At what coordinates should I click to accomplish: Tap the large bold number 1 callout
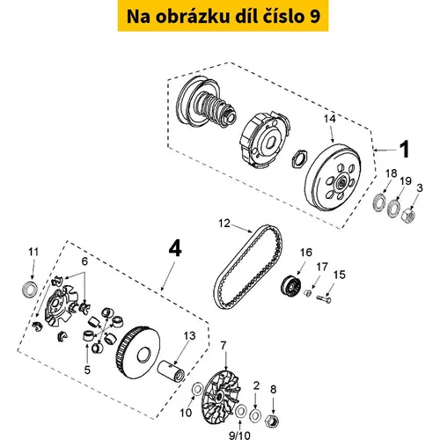pyautogui.click(x=405, y=150)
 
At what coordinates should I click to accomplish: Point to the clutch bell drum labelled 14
pyautogui.click(x=333, y=177)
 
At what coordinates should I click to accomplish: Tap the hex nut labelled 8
pyautogui.click(x=272, y=422)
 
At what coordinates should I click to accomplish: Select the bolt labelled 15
pyautogui.click(x=324, y=299)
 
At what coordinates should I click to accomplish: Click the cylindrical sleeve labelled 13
pyautogui.click(x=172, y=371)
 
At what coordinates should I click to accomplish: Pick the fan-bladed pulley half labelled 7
pyautogui.click(x=222, y=396)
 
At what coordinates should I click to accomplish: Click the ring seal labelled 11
pyautogui.click(x=30, y=289)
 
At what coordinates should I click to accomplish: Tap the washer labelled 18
pyautogui.click(x=379, y=202)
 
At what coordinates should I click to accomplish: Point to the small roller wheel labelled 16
pyautogui.click(x=290, y=285)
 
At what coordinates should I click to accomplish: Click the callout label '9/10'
pyautogui.click(x=239, y=435)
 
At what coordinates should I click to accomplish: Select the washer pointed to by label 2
pyautogui.click(x=255, y=415)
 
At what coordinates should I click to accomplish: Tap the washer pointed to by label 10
pyautogui.click(x=197, y=389)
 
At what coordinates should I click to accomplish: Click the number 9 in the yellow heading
pyautogui.click(x=314, y=17)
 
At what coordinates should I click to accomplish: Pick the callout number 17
pyautogui.click(x=322, y=267)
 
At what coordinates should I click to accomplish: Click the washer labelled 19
pyautogui.click(x=393, y=209)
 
